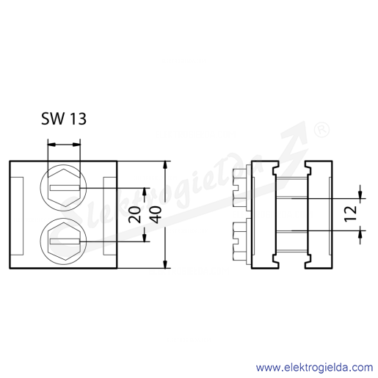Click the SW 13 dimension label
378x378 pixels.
(64, 119)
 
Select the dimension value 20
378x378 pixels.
(135, 215)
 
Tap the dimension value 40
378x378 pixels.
(156, 215)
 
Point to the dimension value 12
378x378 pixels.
(350, 214)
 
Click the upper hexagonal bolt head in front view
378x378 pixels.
(64, 188)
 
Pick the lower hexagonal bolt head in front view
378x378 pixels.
(64, 241)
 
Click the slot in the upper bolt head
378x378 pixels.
(65, 188)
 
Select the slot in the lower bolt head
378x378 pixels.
(65, 241)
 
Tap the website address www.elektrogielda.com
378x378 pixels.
(314, 368)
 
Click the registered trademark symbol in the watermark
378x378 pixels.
(321, 130)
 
